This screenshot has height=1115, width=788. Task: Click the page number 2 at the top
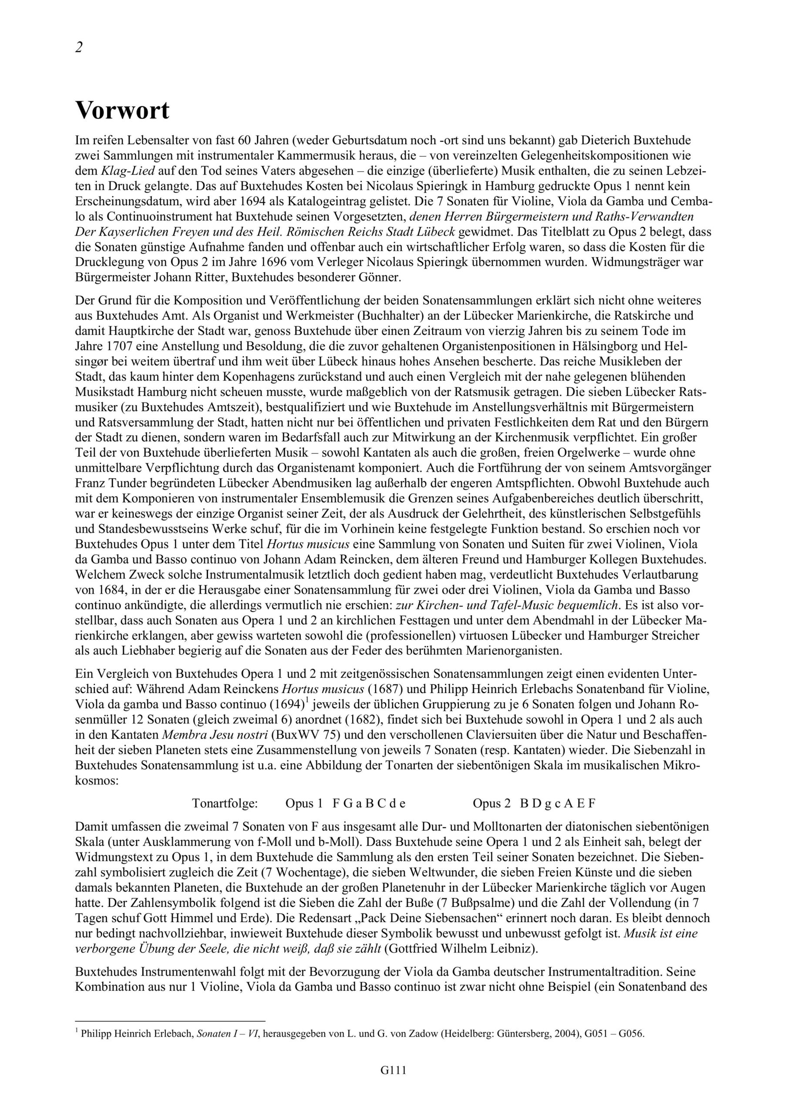coord(79,47)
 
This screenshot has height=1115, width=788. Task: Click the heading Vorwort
coord(122,111)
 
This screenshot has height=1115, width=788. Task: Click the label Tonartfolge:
coord(225,803)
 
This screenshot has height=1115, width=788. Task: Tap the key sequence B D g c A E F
coord(557,803)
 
